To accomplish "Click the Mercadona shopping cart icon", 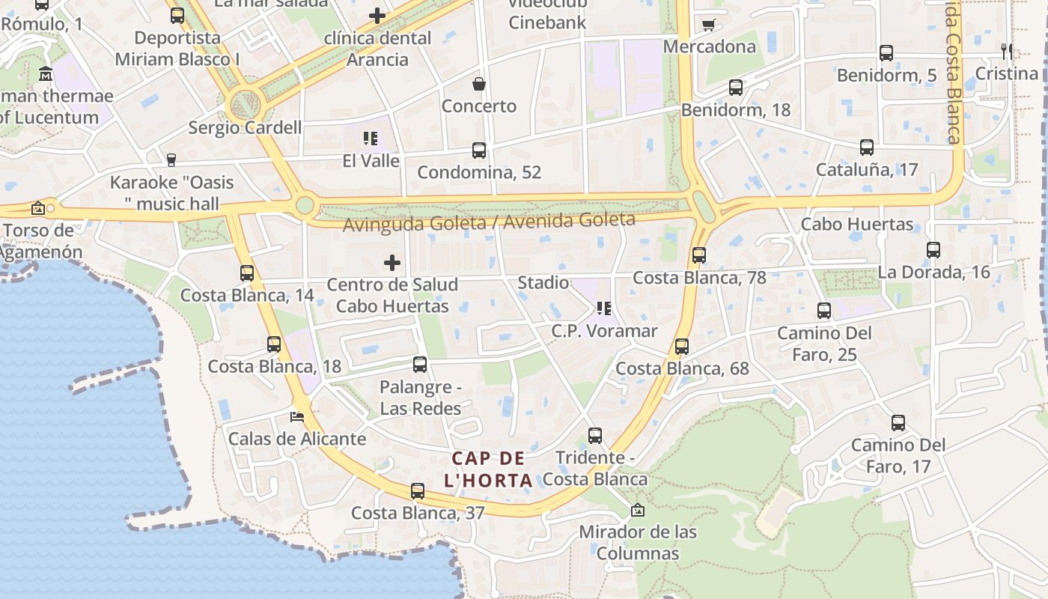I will pos(708,25).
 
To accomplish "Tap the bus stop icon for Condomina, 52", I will pos(479,150).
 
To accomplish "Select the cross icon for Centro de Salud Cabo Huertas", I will pos(392,263).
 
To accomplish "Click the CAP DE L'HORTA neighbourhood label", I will pos(489,469).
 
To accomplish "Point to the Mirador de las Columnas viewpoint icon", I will pos(638,510).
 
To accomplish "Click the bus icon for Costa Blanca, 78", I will pos(699,255).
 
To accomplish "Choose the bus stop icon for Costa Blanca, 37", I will pos(418,491).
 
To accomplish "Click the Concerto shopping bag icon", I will pos(479,84).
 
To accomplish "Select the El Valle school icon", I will pos(371,139).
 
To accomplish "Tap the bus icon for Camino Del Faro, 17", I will pos(898,423).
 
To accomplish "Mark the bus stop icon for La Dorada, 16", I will pos(933,250).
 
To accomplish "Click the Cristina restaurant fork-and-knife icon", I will pos(1007,52).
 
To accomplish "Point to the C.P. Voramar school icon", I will pos(605,308).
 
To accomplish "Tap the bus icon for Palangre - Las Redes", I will pos(420,365).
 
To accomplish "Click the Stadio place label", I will pos(543,283).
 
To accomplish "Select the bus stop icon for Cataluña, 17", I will pos(867,148).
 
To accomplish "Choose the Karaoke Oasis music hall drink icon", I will pos(171,159).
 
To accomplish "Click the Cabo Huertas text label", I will pos(857,224).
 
